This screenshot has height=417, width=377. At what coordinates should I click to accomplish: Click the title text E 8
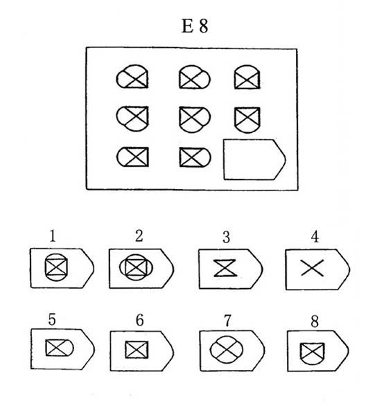click(x=195, y=26)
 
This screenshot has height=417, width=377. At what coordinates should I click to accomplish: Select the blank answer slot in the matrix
click(x=254, y=159)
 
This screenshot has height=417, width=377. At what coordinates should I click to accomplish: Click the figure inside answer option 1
click(x=56, y=267)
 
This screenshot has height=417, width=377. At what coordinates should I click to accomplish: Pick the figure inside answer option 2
click(x=136, y=267)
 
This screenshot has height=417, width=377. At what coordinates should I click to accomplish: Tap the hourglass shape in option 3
click(x=225, y=268)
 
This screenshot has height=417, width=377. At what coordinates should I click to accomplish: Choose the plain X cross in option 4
click(x=313, y=268)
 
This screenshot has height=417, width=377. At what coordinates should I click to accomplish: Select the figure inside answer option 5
click(x=60, y=348)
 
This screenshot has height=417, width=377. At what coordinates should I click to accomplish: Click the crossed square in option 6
click(x=137, y=349)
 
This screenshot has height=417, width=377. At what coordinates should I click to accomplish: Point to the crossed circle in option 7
click(x=227, y=349)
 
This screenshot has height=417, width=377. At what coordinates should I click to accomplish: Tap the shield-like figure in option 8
click(x=313, y=353)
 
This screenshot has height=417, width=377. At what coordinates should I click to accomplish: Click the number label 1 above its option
click(x=53, y=236)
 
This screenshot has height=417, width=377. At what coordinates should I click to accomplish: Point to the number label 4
click(x=315, y=236)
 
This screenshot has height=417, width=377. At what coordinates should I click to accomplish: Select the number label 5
click(x=52, y=319)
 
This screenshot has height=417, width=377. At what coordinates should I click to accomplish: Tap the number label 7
click(x=227, y=321)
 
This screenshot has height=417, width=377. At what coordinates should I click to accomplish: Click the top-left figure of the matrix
click(x=132, y=77)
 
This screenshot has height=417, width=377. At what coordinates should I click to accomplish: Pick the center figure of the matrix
click(x=195, y=119)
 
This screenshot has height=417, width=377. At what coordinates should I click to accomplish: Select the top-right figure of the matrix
click(x=247, y=77)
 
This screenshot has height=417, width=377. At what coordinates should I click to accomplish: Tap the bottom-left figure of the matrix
click(x=132, y=157)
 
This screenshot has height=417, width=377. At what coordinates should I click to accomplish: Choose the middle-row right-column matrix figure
click(x=247, y=120)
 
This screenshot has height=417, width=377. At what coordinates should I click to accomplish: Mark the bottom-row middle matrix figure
click(x=195, y=157)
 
